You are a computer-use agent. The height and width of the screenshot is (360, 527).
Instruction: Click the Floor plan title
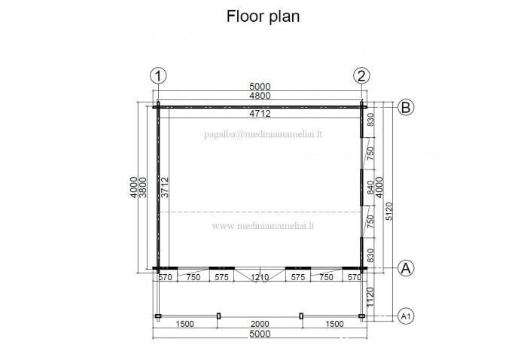click(x=263, y=17)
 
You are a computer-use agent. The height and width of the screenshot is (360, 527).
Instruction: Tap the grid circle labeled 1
click(x=158, y=75)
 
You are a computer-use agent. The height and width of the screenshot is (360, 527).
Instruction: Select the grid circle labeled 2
click(x=361, y=75)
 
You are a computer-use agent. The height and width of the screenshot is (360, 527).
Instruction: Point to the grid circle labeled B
click(x=405, y=107)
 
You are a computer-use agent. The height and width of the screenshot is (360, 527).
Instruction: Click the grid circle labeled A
click(x=405, y=267)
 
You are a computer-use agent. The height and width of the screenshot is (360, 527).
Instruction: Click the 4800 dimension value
click(x=259, y=96)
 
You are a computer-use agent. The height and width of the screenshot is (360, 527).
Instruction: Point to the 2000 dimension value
click(x=260, y=324)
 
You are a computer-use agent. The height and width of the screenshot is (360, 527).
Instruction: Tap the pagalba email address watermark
click(x=263, y=136)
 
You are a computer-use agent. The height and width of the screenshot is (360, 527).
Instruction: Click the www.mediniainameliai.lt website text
click(x=263, y=225)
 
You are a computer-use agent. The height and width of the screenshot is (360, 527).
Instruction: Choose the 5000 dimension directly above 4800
click(x=259, y=86)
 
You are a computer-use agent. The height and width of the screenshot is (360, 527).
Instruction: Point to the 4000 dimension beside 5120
click(x=379, y=188)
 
